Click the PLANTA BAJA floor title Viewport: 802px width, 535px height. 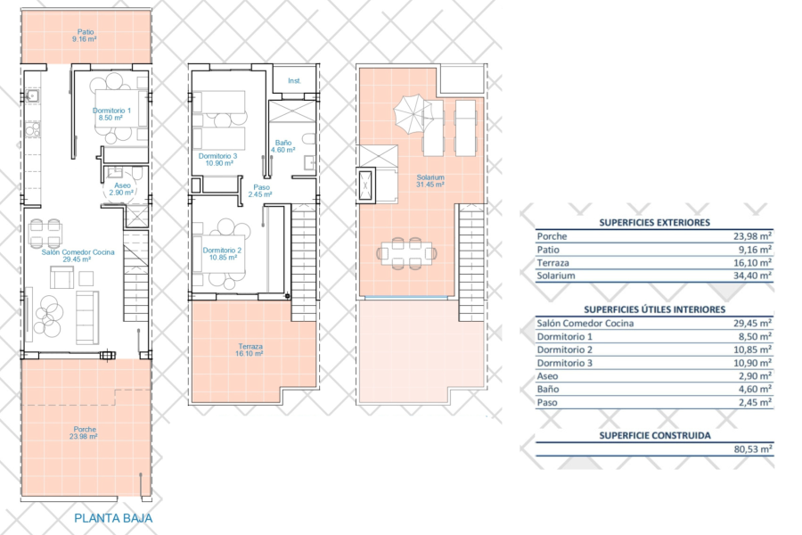point(113,518)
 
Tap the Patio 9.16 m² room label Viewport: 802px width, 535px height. point(86,35)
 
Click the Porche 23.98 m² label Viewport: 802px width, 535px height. point(86,433)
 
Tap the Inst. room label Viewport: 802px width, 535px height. point(294,80)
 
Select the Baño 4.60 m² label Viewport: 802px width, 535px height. point(284,146)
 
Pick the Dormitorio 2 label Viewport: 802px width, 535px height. point(220,254)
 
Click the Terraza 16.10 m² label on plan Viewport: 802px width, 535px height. point(250,349)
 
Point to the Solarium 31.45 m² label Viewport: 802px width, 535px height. point(430,181)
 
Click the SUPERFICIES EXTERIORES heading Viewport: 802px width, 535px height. point(654,222)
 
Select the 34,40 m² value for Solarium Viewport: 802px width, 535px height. point(754,276)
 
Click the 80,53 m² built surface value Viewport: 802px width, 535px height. point(754,449)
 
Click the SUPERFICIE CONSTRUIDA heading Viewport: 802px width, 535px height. point(654,436)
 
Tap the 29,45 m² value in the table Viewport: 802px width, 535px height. point(754,324)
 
